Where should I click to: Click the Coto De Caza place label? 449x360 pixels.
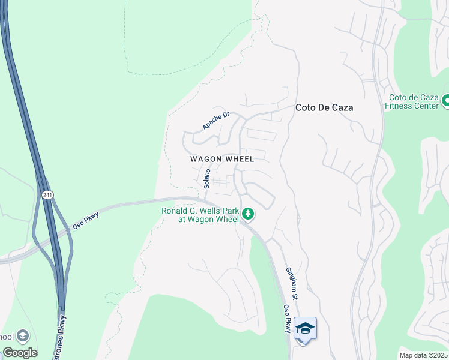coord(324,108)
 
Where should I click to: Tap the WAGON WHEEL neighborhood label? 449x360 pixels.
coord(222,159)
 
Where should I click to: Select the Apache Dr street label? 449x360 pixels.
coord(216,121)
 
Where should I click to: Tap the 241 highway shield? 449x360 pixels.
coord(47,195)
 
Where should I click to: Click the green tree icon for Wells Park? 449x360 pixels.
coord(247,214)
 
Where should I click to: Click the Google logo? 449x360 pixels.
coord(20,353)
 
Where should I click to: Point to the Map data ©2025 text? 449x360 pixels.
coord(423,355)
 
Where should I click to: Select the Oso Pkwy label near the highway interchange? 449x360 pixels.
coord(86,217)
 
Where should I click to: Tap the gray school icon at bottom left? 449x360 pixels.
coord(23,336)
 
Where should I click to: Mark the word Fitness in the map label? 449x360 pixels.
coord(399,106)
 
